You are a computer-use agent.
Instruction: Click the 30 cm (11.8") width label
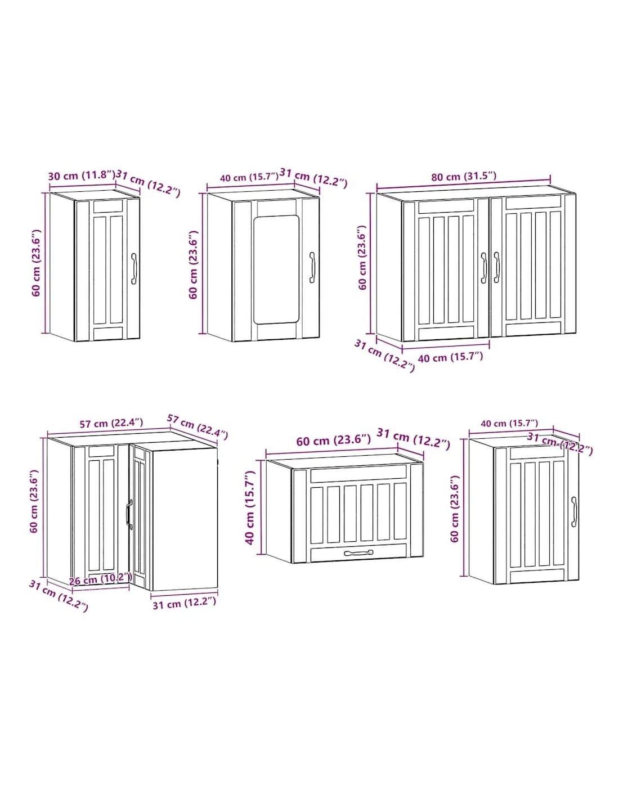[82, 175]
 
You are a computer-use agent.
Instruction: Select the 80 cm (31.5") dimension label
[464, 176]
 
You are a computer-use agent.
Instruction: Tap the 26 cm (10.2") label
[100, 580]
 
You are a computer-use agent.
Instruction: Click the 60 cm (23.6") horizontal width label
[334, 440]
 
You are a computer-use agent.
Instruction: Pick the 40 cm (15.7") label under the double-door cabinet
[450, 357]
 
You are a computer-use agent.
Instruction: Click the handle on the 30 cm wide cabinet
[134, 268]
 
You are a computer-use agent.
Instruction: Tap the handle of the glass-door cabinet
[312, 267]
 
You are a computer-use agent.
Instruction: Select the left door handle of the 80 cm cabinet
[483, 268]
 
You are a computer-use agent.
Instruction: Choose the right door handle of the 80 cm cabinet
[496, 268]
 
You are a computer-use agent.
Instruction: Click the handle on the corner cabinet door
[129, 514]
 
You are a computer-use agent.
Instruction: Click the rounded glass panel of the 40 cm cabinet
[276, 269]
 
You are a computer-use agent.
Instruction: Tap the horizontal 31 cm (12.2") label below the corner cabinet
[184, 603]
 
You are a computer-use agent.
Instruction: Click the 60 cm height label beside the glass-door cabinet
[193, 265]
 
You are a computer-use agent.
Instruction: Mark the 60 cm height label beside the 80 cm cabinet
[363, 257]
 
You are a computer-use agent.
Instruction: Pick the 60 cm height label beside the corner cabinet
[34, 501]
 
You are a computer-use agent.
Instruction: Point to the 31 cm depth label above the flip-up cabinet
[413, 438]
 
